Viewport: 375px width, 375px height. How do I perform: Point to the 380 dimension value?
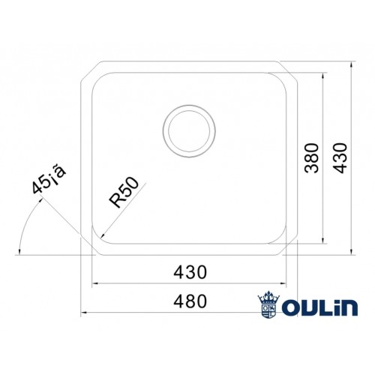coord(313,157)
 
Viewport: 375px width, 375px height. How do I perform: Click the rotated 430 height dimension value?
coord(341,157)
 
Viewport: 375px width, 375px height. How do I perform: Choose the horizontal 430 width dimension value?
coord(190,271)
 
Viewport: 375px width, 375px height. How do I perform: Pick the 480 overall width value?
coord(190,301)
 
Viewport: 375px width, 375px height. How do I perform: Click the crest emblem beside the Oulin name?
coord(268,304)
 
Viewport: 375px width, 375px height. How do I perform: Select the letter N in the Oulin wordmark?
coord(349,305)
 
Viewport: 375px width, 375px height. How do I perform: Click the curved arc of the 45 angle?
coord(22,229)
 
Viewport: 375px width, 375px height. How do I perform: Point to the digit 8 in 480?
coord(190,301)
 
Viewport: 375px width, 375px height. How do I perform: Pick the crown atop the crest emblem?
coord(268,295)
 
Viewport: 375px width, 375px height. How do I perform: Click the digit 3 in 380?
coord(313,168)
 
